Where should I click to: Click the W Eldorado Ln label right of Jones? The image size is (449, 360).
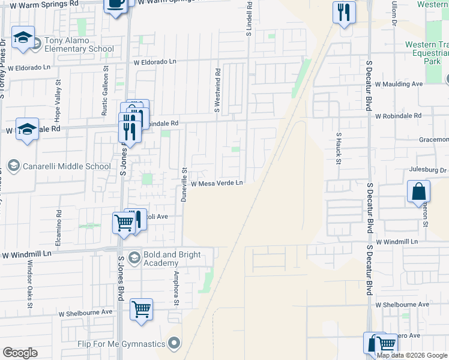pyautogui.click(x=155, y=62)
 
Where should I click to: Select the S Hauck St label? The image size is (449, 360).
pyautogui.click(x=339, y=149)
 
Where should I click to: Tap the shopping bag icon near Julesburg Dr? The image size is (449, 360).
pyautogui.click(x=419, y=192)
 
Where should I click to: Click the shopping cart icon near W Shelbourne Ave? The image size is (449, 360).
pyautogui.click(x=142, y=310)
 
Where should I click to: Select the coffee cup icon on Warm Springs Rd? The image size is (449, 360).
pyautogui.click(x=116, y=4)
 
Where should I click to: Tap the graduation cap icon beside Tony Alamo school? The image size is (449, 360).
pyautogui.click(x=23, y=38)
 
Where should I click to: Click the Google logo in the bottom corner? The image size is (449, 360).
pyautogui.click(x=20, y=353)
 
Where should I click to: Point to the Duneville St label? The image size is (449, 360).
pyautogui.click(x=185, y=185)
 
